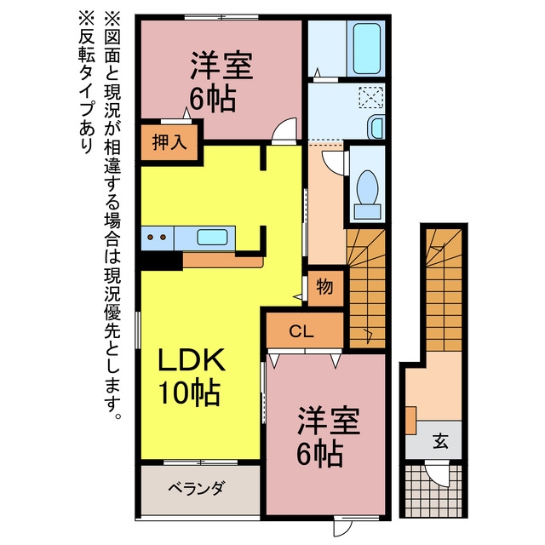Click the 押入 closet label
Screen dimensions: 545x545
click(169, 142)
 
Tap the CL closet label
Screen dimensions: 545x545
click(301, 332)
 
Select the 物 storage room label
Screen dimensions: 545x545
click(324, 287)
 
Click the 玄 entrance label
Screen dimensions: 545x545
click(441, 441)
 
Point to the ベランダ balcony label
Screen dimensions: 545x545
click(197, 488)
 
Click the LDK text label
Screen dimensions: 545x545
click(192, 360)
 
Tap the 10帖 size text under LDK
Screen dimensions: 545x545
click(189, 393)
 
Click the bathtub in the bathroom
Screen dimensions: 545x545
click(366, 48)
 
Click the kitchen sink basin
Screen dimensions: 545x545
click(212, 238)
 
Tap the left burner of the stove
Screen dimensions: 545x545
click(150, 238)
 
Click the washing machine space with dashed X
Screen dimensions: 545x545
click(371, 98)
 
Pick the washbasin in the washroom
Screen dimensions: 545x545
click(376, 127)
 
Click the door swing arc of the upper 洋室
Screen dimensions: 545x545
click(284, 129)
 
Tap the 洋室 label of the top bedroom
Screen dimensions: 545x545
click(221, 66)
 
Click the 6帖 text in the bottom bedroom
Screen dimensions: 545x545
click(319, 454)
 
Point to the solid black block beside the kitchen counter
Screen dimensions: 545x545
click(162, 261)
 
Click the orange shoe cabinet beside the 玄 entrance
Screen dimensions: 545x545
click(410, 420)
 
